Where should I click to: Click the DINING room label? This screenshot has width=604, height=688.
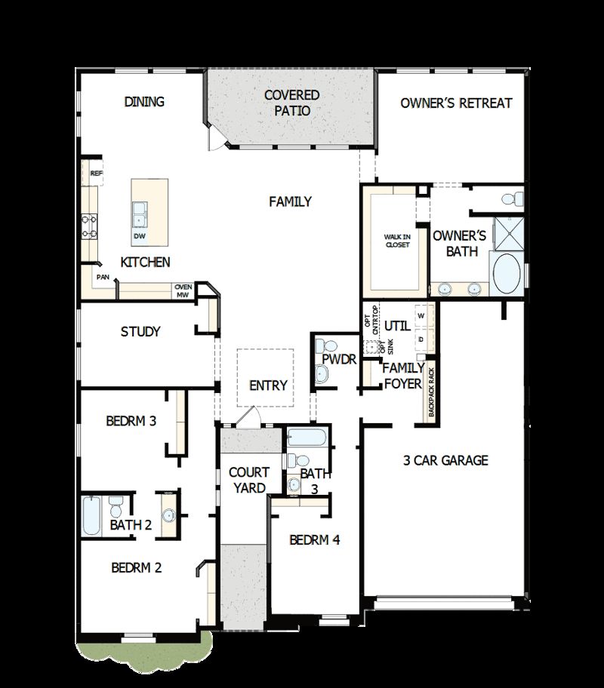coord(144,102)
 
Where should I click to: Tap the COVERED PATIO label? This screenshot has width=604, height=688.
coord(291,103)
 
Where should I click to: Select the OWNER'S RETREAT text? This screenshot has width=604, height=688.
coord(456,103)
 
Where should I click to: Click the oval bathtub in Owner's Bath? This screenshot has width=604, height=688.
coord(505,273)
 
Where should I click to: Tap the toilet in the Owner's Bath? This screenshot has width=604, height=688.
coord(513,198)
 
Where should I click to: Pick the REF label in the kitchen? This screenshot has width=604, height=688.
coord(96,173)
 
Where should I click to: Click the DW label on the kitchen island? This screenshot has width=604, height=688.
coord(139,236)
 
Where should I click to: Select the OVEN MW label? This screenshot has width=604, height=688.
coord(183,291)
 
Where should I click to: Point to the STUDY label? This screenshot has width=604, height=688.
coord(140,331)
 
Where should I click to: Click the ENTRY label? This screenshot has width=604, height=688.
coord(268,385)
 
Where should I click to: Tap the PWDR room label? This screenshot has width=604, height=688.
coord(339,360)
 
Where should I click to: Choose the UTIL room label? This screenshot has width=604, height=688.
coord(396,326)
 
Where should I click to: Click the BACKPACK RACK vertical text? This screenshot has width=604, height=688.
coord(432,392)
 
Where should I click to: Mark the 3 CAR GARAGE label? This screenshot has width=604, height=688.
coord(445,460)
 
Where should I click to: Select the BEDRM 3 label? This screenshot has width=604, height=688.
coord(131,420)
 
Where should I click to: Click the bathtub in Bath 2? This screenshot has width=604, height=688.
coord(91,514)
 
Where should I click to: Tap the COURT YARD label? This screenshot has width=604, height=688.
coord(249,480)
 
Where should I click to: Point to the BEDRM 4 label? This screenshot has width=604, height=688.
coord(315,540)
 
